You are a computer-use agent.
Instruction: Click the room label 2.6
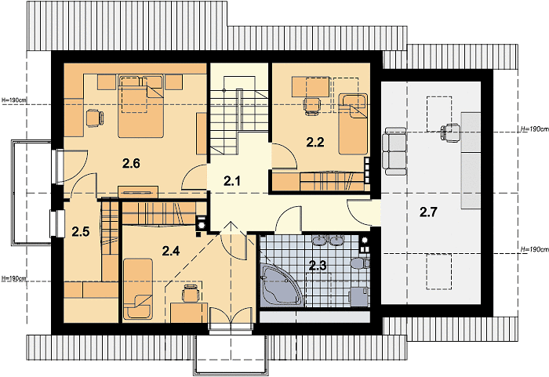pos(131,163)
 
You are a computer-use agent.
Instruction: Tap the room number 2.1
pos(232,181)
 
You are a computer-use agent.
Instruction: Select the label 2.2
pos(315,142)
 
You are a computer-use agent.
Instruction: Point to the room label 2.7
pos(428,212)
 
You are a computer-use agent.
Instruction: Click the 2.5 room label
pos(81,232)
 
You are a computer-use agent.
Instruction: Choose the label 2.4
pos(171,251)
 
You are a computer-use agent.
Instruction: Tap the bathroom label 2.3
pos(318,266)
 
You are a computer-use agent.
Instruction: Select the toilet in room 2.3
pos(360,263)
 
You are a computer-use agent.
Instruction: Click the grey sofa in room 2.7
pos(394,150)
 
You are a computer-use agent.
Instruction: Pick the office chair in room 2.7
pos(450,132)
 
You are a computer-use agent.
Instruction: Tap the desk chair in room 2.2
pos(312,106)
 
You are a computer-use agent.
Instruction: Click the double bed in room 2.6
pos(140,106)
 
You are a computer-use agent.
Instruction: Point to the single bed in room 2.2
pos(353,124)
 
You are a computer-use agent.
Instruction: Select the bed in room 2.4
pos(137,289)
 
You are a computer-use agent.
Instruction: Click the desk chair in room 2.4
pos(191,292)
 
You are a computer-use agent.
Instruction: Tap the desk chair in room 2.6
pos(95,118)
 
